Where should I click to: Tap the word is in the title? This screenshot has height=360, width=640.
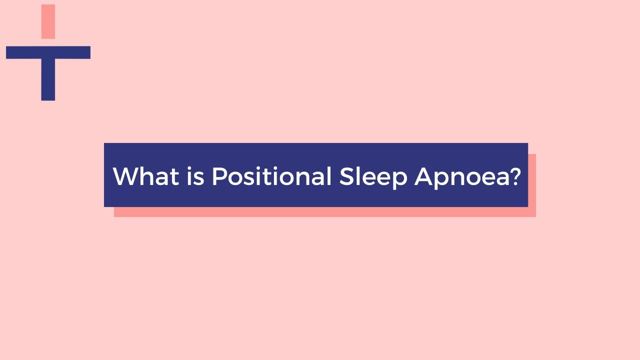pos(195,176)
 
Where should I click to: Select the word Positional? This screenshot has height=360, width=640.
pos(271,176)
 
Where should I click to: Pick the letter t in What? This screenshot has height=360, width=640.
pos(175,176)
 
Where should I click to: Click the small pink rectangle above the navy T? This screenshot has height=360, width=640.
pos(48,21)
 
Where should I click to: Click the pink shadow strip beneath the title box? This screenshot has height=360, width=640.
pos(325,212)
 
